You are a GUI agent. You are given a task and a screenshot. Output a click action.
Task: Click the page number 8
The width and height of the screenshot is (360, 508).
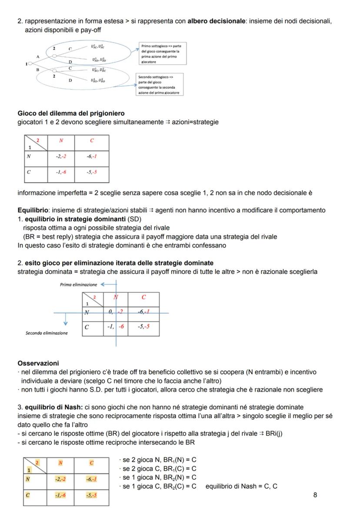point(315,495)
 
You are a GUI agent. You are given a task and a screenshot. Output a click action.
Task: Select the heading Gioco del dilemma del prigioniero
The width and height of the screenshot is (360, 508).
point(71,113)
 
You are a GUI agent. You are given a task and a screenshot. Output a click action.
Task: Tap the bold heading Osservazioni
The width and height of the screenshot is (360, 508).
point(38,363)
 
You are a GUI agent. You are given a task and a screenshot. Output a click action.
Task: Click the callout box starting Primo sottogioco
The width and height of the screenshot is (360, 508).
point(163,53)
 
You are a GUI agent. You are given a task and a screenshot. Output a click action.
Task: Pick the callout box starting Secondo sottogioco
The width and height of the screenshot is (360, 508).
point(159,84)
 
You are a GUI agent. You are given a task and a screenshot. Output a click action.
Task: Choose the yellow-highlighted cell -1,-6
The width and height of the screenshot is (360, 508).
point(59,495)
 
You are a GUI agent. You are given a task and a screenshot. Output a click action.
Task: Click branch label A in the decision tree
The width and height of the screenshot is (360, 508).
point(38,56)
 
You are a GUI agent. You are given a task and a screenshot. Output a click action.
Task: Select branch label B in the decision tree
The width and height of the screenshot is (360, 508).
point(38,69)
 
